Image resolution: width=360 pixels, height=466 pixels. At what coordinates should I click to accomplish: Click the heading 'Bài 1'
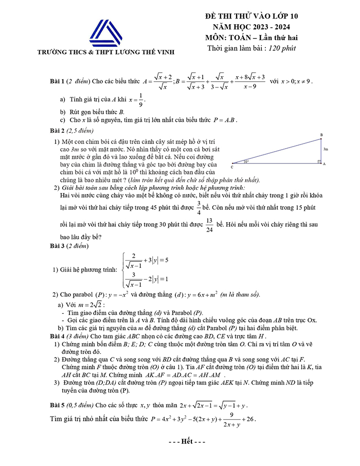[58, 81]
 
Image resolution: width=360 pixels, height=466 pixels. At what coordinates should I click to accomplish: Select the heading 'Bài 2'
[58, 130]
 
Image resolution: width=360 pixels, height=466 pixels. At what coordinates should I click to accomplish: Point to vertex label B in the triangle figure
[321, 135]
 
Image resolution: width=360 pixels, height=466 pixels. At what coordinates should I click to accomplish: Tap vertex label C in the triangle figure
[231, 167]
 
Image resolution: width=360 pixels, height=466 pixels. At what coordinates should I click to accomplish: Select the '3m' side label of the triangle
[326, 149]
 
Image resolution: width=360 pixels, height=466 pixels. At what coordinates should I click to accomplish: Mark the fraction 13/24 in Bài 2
[209, 225]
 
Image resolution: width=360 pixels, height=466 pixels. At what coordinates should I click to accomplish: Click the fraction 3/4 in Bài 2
[199, 206]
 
